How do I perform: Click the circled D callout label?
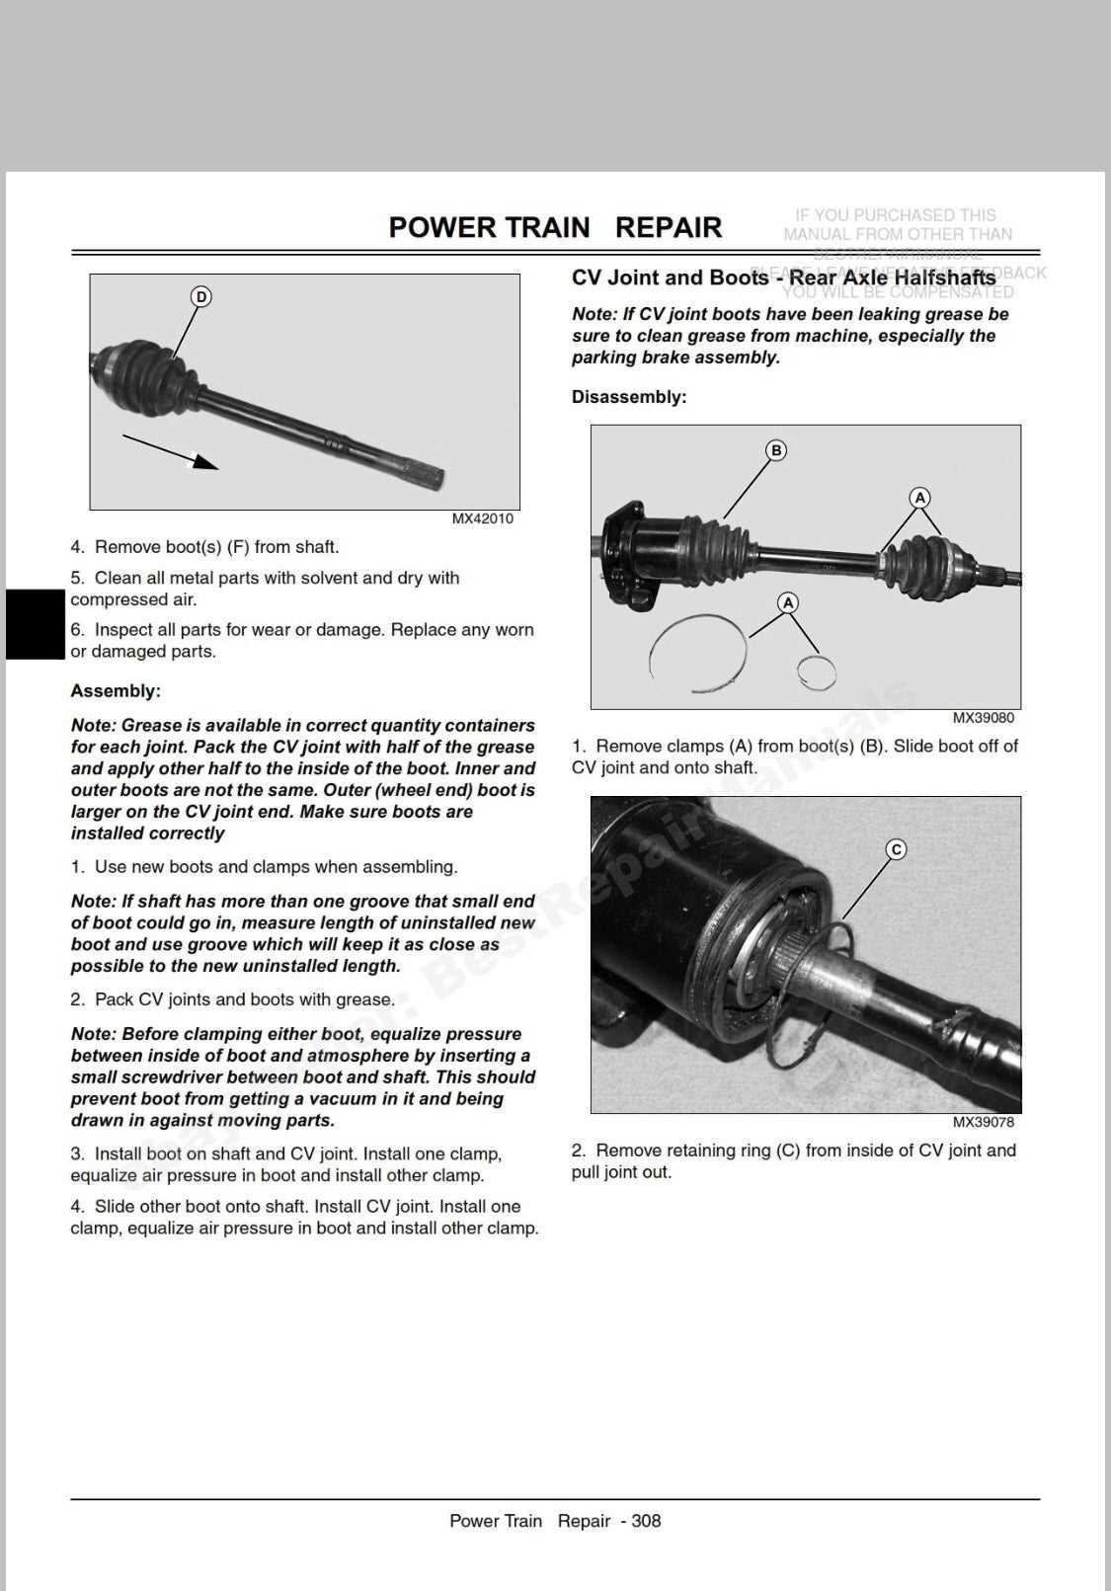point(200,297)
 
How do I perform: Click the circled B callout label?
point(776,450)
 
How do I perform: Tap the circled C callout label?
point(896,849)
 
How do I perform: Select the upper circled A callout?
point(919,498)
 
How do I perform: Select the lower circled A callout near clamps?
point(787,602)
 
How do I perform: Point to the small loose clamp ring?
point(817,673)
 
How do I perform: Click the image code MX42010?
point(482,519)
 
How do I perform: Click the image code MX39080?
point(983,718)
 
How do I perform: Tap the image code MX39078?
point(983,1122)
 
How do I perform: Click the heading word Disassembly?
point(628,397)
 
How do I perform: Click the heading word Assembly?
point(115,691)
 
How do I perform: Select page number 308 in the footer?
point(646,1521)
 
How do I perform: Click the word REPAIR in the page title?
point(669,227)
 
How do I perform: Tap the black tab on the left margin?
point(35,623)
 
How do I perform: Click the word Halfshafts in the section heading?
point(942,278)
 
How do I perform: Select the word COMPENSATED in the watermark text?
point(951,292)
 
